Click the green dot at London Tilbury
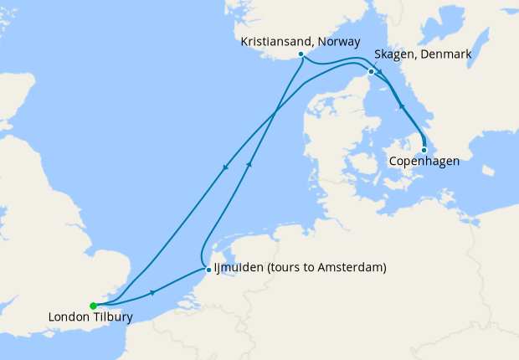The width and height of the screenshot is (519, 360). (x=93, y=306)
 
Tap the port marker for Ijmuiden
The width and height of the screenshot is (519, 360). (x=208, y=270)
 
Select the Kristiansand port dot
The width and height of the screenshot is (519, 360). (x=301, y=54)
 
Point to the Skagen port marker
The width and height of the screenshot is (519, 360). (x=371, y=71)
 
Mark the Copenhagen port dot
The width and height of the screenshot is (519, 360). (x=424, y=150)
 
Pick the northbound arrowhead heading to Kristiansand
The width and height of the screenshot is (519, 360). (x=248, y=165)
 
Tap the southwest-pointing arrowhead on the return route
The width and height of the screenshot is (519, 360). (x=224, y=169)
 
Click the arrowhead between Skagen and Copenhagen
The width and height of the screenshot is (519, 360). (x=401, y=107)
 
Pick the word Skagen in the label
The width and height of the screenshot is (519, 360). (x=392, y=54)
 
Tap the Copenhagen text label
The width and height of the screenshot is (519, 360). (x=424, y=161)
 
